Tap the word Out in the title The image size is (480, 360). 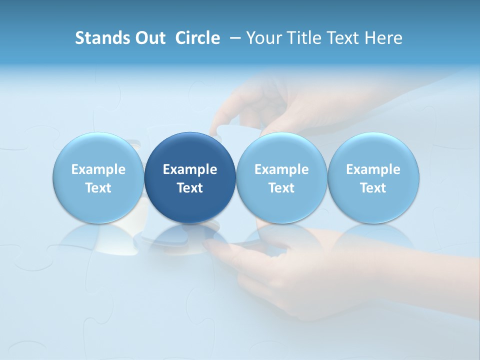[149, 38]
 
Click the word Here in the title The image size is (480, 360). [383, 38]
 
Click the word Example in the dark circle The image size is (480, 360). [190, 169]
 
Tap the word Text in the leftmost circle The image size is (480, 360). [98, 188]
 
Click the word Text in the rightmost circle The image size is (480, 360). [373, 188]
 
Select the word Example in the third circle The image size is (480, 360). [281, 169]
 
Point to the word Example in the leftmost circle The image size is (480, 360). [98, 169]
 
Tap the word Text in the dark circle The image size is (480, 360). [190, 188]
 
